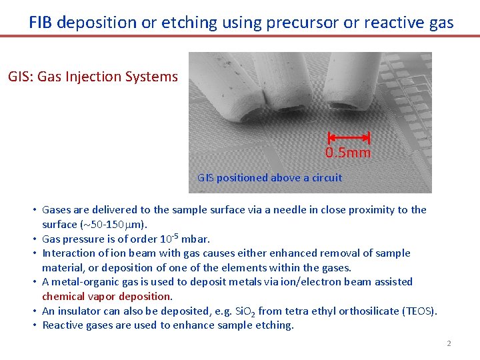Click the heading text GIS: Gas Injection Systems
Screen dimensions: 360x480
click(x=93, y=77)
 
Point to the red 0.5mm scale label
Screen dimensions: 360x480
click(x=347, y=153)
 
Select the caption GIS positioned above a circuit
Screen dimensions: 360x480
click(x=269, y=178)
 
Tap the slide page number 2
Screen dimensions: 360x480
click(x=449, y=343)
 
